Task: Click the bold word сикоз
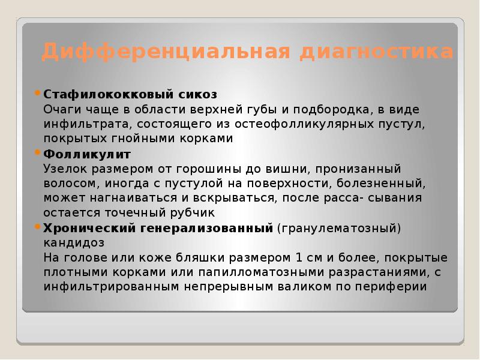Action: [x=198, y=94]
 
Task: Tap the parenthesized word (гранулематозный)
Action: [x=339, y=228]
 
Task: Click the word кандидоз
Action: [x=74, y=243]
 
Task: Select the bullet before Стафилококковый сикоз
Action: [x=38, y=94]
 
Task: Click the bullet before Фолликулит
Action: [x=38, y=154]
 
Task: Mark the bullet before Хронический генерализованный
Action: [x=38, y=228]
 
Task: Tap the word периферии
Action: [x=394, y=287]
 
